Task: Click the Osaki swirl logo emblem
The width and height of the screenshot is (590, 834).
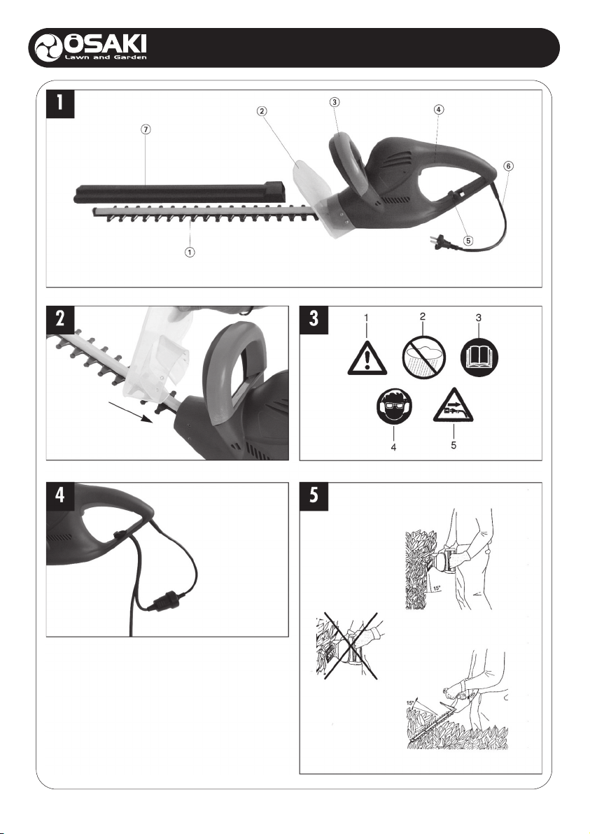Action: click(48, 48)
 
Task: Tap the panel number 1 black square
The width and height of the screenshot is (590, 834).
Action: click(60, 104)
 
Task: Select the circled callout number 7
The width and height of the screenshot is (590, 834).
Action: click(146, 129)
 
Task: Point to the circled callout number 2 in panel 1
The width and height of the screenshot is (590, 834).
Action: click(261, 111)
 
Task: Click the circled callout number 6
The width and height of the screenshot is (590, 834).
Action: click(509, 166)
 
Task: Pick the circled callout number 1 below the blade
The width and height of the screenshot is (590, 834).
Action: click(190, 252)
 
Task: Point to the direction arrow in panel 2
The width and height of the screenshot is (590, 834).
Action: click(131, 412)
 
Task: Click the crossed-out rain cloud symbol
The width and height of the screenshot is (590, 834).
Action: click(423, 357)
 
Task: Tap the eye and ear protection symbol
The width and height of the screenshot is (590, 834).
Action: click(394, 409)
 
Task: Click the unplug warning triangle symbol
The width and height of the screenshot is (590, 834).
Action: click(454, 406)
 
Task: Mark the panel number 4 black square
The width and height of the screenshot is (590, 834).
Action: click(60, 496)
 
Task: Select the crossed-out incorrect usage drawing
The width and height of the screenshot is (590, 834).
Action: click(347, 646)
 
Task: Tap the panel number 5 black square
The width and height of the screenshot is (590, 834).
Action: click(314, 496)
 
